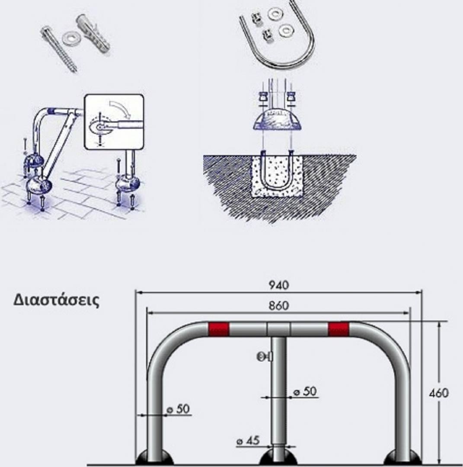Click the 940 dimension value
pyautogui.click(x=279, y=285)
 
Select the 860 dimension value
pyautogui.click(x=279, y=305)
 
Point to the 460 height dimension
pyautogui.click(x=439, y=393)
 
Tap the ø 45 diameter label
pyautogui.click(x=249, y=441)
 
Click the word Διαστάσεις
pyautogui.click(x=56, y=300)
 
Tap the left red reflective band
pyautogui.click(x=219, y=329)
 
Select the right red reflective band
pyautogui.click(x=338, y=329)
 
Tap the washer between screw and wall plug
pyautogui.click(x=69, y=39)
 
